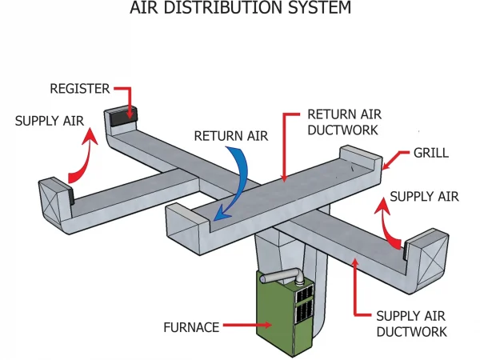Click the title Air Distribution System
pos(240,10)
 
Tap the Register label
pos(79,88)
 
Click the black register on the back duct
pos(122,115)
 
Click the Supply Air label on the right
pos(425,196)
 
